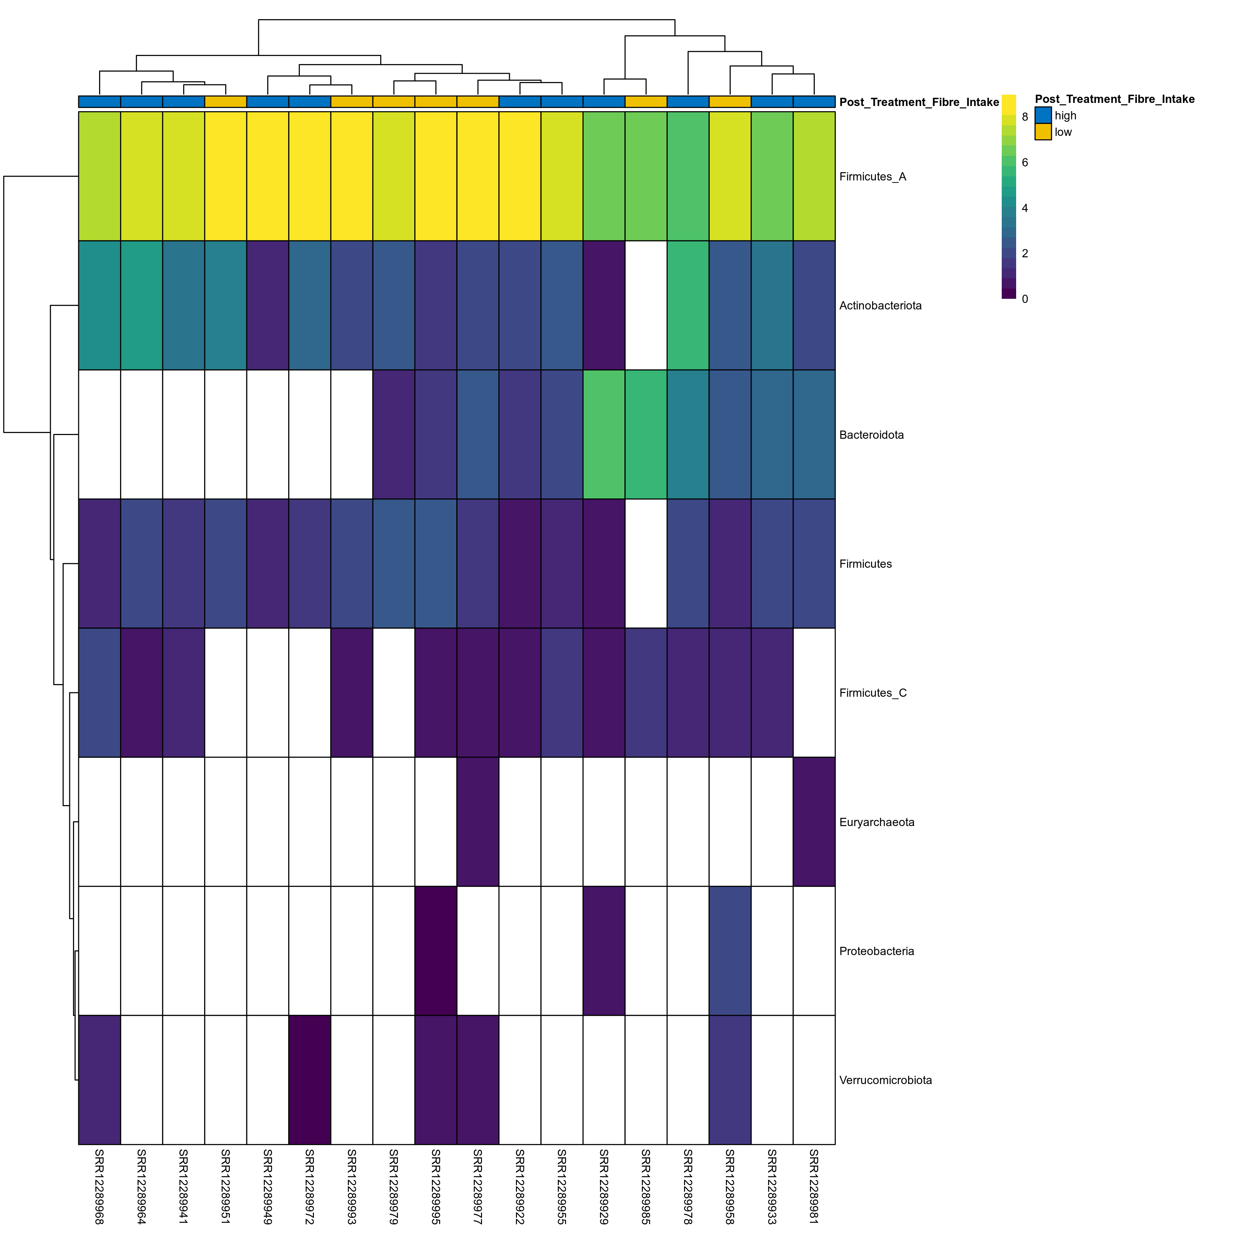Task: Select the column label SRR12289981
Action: (x=814, y=1186)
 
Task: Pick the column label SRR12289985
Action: (x=646, y=1186)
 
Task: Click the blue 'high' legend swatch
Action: (x=1043, y=115)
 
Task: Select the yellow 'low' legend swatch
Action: (x=1043, y=132)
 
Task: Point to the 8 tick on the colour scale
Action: (x=1025, y=117)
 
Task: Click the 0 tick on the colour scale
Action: (x=1025, y=298)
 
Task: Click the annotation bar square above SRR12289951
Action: (x=226, y=102)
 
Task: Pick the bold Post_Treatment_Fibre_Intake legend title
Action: (x=1114, y=99)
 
